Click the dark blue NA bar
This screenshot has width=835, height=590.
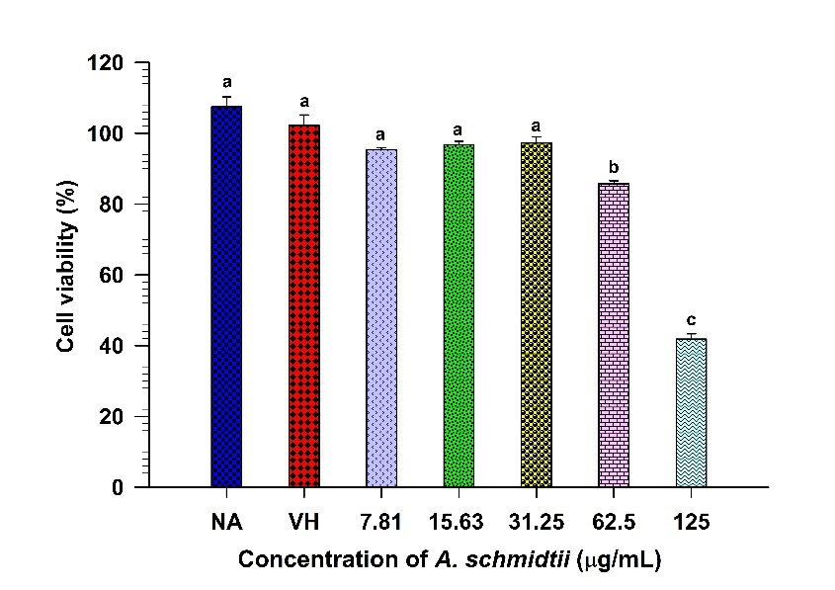coord(226,296)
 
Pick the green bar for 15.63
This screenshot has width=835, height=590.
coord(459,316)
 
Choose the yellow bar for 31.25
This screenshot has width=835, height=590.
coord(537,315)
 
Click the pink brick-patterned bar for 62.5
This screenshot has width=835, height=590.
coord(614,335)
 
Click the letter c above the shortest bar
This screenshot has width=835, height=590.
coord(691,320)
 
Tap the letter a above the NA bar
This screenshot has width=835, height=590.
coord(226,82)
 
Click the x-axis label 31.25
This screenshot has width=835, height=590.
coord(537,520)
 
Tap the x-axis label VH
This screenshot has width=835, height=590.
coord(304,520)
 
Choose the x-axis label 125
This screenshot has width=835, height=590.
coord(691,520)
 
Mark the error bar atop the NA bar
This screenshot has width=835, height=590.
coord(226,101)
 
